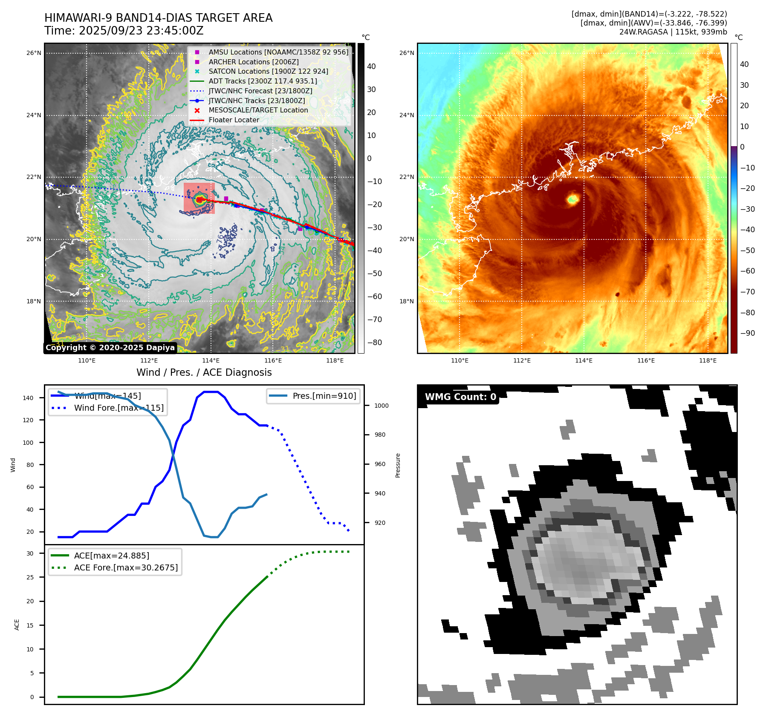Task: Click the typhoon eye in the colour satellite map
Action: pos(573,199)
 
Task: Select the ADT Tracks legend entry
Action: pos(263,81)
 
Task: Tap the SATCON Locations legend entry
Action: pos(268,71)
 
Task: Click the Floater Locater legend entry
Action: pos(234,120)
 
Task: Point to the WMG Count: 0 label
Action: pos(460,397)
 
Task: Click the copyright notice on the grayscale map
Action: pos(110,348)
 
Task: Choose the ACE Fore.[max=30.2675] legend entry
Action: pos(126,567)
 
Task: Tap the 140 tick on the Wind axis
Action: pos(28,398)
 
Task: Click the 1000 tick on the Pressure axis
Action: pos(382,406)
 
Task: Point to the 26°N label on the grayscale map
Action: pos(34,53)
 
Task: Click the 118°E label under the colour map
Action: pos(708,360)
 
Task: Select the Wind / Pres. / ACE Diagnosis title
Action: pos(204,372)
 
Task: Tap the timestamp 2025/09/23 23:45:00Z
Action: pos(141,31)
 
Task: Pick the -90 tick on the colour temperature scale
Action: pos(747,333)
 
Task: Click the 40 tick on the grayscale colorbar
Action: pos(371,66)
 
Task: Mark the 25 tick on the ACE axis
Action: pos(30,577)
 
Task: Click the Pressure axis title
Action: pos(398,465)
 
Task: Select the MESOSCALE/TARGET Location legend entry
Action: pos(258,110)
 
